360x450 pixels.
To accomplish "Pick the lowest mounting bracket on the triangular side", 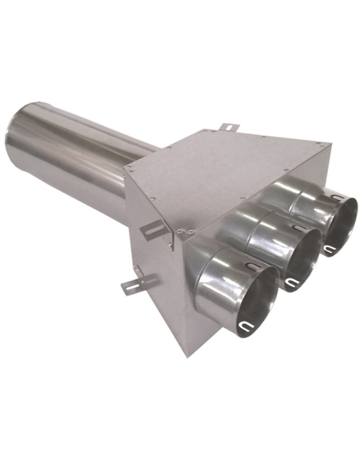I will click(x=135, y=283).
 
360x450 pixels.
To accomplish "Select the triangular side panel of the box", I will click(x=153, y=270).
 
